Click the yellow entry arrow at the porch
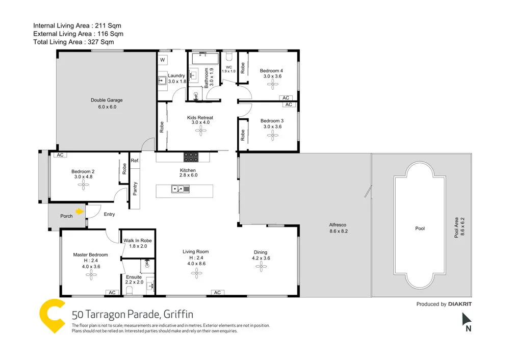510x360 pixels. tap(80, 211)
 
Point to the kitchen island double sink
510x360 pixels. tap(180, 189)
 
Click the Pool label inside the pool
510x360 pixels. tap(420, 228)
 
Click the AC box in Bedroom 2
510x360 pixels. tap(60, 155)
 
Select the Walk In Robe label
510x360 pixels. tap(137, 241)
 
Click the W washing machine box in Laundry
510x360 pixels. tap(163, 60)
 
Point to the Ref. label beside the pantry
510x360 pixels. tap(135, 161)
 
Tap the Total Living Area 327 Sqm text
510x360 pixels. tap(73, 42)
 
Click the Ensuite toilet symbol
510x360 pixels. tap(129, 291)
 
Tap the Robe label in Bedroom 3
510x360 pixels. tap(243, 135)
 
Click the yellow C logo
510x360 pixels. tap(53, 317)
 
